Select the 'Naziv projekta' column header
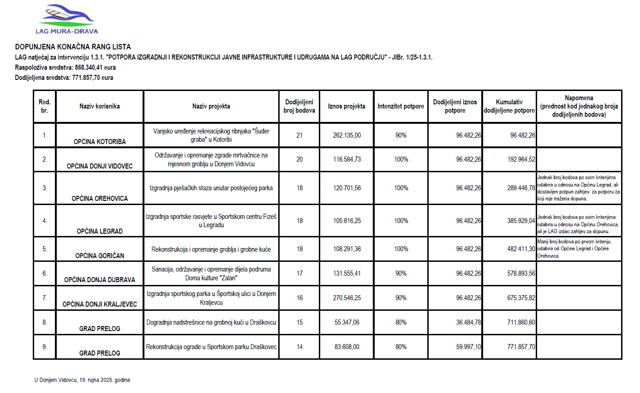(211, 106)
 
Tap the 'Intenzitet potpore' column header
(401, 106)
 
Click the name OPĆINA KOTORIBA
(100, 142)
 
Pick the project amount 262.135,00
(347, 135)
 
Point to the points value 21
(299, 135)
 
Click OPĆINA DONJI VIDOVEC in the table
(100, 166)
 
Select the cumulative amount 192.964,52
(521, 159)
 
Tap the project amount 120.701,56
(347, 188)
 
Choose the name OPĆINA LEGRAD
(100, 231)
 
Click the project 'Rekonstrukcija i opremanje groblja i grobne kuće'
(211, 249)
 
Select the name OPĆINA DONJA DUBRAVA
(100, 280)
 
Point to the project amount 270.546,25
(347, 298)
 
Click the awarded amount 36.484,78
(469, 322)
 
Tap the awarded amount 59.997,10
(469, 347)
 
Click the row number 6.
(45, 273)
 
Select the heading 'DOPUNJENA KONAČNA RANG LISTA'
(73, 47)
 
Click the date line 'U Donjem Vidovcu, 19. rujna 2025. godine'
(82, 380)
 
